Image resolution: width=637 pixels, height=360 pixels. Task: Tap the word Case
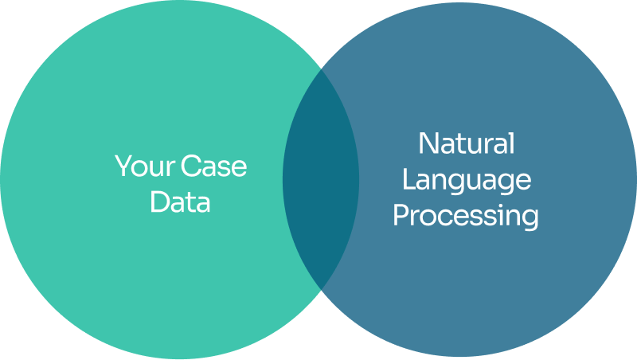coord(213,166)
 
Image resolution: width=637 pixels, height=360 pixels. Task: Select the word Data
coord(181,202)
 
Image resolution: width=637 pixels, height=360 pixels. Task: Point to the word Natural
coord(467,144)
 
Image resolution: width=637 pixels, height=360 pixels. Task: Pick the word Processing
coord(467,217)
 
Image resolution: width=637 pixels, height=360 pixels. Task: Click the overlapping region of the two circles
coord(321,179)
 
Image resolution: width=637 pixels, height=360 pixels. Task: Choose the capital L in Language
coord(408,179)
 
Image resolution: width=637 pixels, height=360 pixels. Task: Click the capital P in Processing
coord(401,215)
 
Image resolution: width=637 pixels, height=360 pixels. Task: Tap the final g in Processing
coord(530,219)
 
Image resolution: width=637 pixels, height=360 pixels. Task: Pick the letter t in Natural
coord(459,145)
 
